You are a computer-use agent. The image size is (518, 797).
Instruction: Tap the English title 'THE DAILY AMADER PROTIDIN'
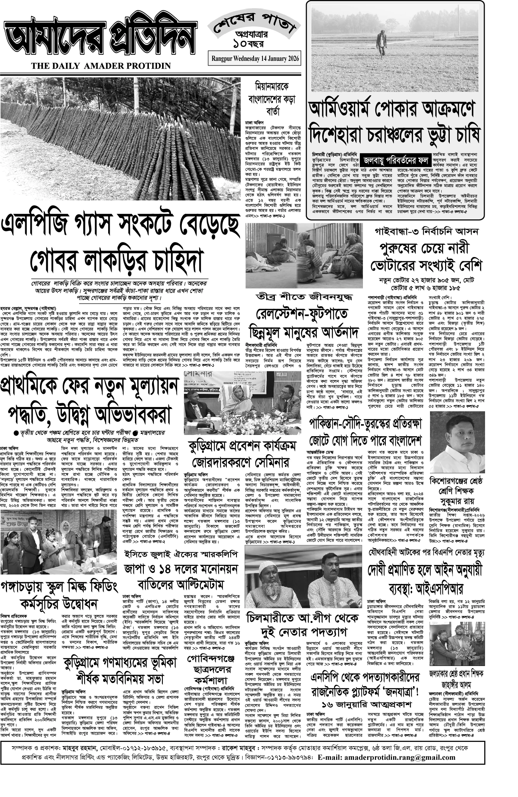point(101,66)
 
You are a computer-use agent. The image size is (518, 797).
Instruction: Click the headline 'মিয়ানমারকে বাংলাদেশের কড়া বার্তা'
point(272,98)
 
